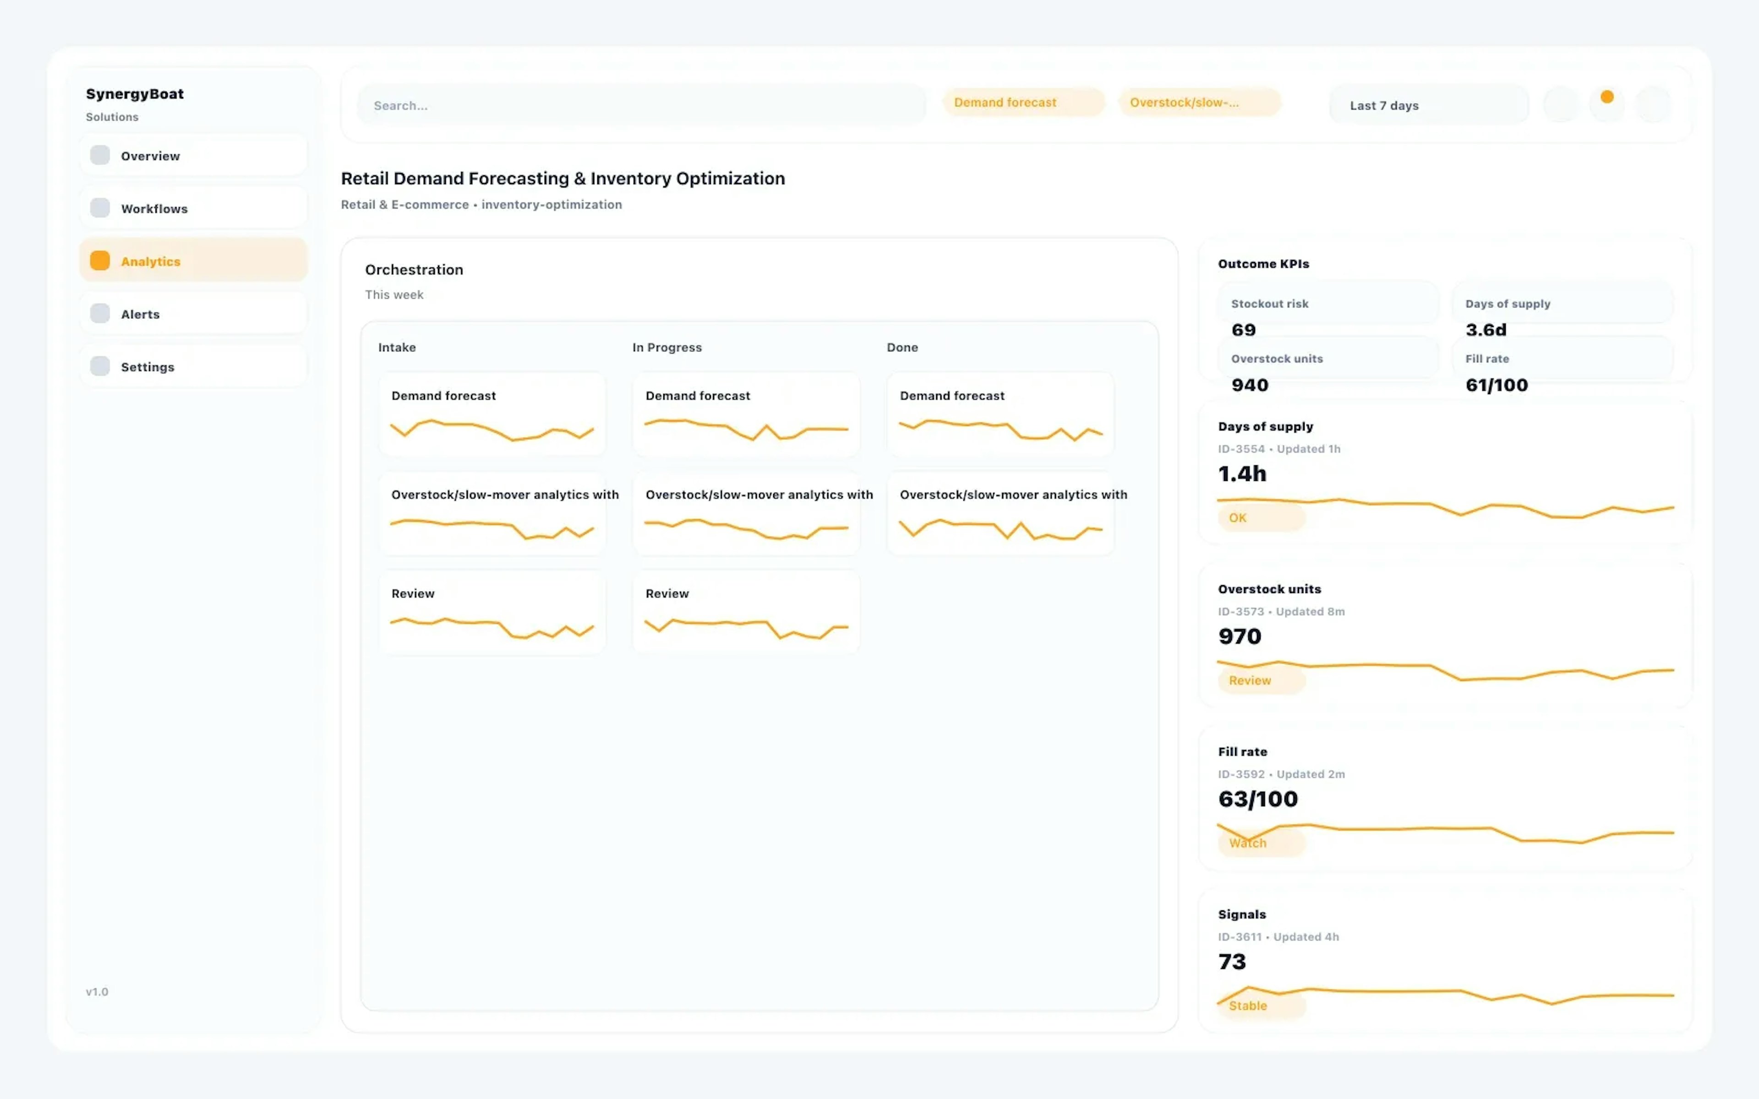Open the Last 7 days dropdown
tap(1427, 105)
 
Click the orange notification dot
tap(1606, 97)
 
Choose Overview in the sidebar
tap(193, 156)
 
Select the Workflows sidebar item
tap(193, 209)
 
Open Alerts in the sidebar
tap(193, 314)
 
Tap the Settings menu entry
tap(193, 367)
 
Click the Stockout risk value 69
tap(1243, 330)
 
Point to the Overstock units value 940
tap(1250, 385)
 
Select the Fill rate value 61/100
tap(1496, 385)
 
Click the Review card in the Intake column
tap(492, 612)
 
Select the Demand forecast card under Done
tap(1000, 414)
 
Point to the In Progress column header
tap(666, 348)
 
